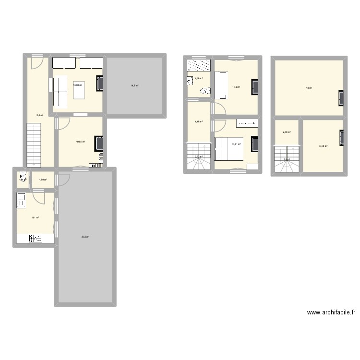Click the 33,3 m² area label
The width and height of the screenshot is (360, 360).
(85, 236)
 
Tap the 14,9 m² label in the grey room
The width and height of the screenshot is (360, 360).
(135, 86)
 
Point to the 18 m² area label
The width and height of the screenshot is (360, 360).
(310, 88)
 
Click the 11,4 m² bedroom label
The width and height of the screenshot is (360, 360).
(236, 87)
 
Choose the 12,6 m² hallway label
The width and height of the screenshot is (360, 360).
(39, 115)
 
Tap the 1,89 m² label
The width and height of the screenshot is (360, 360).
(42, 180)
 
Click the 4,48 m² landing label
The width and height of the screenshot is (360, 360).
(198, 121)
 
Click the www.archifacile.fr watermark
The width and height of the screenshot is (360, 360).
(331, 312)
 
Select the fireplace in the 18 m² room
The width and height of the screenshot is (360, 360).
(341, 97)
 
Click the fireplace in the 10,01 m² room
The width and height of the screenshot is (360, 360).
(99, 144)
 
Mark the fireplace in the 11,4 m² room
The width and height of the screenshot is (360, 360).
(255, 86)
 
